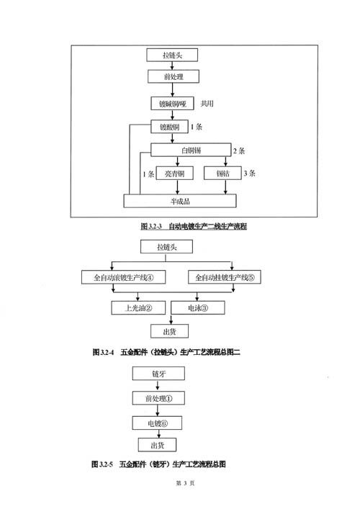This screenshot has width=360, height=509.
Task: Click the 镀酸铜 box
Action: click(x=169, y=127)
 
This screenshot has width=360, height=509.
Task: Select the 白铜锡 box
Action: click(x=191, y=150)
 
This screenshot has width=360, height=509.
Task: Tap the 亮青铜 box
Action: click(x=175, y=174)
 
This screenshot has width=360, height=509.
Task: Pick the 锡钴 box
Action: click(x=222, y=174)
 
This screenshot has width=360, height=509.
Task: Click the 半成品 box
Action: click(x=180, y=201)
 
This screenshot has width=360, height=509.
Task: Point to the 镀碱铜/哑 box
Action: click(x=172, y=104)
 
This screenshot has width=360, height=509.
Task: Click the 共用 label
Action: click(x=207, y=104)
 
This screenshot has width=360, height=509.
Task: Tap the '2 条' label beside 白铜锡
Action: click(x=239, y=150)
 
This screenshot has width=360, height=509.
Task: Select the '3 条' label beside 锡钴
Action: click(x=249, y=174)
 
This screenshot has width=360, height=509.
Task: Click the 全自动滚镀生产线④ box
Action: click(x=123, y=277)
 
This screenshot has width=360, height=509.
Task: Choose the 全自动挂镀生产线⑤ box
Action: click(x=225, y=277)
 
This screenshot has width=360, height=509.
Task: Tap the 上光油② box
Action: click(x=138, y=307)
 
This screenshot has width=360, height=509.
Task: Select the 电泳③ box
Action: click(x=198, y=307)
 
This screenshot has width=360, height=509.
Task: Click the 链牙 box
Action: click(x=158, y=374)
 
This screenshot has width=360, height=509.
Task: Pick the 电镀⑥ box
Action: click(x=157, y=423)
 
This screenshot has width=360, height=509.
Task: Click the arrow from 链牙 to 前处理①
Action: click(x=158, y=386)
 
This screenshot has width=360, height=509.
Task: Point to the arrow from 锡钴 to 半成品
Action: click(x=225, y=187)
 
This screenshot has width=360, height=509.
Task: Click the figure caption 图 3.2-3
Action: click(x=194, y=226)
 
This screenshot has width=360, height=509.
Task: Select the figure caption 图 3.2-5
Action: click(x=158, y=464)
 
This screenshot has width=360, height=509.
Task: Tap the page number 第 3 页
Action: click(x=185, y=483)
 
